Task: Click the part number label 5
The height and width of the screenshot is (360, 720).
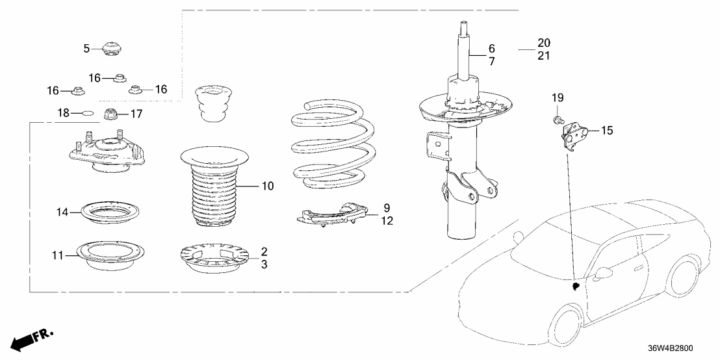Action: click(87, 48)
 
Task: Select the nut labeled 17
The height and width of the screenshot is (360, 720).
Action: click(110, 114)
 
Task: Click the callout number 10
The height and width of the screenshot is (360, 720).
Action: click(268, 186)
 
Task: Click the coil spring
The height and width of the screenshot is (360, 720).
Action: click(329, 146)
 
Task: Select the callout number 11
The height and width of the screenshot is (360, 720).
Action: click(57, 255)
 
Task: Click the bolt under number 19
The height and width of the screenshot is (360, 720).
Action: click(556, 120)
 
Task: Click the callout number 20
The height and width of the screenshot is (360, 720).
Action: click(544, 43)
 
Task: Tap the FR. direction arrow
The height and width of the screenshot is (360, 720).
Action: click(31, 339)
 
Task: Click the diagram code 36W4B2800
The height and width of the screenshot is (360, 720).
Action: click(671, 348)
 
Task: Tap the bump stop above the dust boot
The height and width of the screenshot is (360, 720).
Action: click(211, 105)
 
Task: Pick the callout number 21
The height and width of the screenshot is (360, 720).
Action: click(544, 56)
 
